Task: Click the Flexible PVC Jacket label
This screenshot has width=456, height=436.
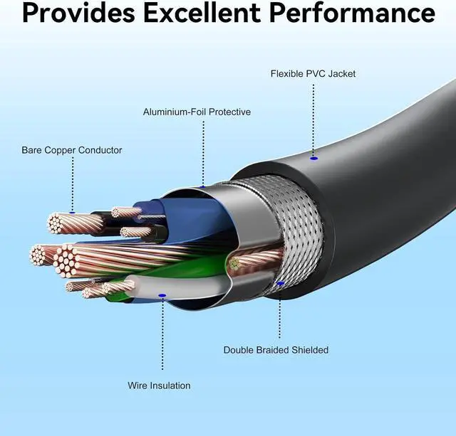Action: coord(313,74)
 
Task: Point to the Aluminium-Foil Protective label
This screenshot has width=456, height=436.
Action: coord(197,112)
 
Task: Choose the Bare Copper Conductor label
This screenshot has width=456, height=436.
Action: coord(72,151)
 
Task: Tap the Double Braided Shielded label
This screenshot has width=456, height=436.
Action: coord(276,350)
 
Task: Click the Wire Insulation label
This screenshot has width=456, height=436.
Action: coord(159,386)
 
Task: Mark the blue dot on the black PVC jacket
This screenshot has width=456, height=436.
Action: coord(313,157)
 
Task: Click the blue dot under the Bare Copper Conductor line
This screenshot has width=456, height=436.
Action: coord(72,211)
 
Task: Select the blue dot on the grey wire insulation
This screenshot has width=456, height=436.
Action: coord(162,294)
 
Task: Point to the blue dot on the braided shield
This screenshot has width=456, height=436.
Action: coord(280,284)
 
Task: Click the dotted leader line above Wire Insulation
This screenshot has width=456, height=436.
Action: coord(162,334)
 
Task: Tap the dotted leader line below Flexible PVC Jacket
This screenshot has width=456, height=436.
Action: coord(313,117)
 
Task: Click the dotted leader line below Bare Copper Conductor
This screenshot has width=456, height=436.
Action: coord(72,181)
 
